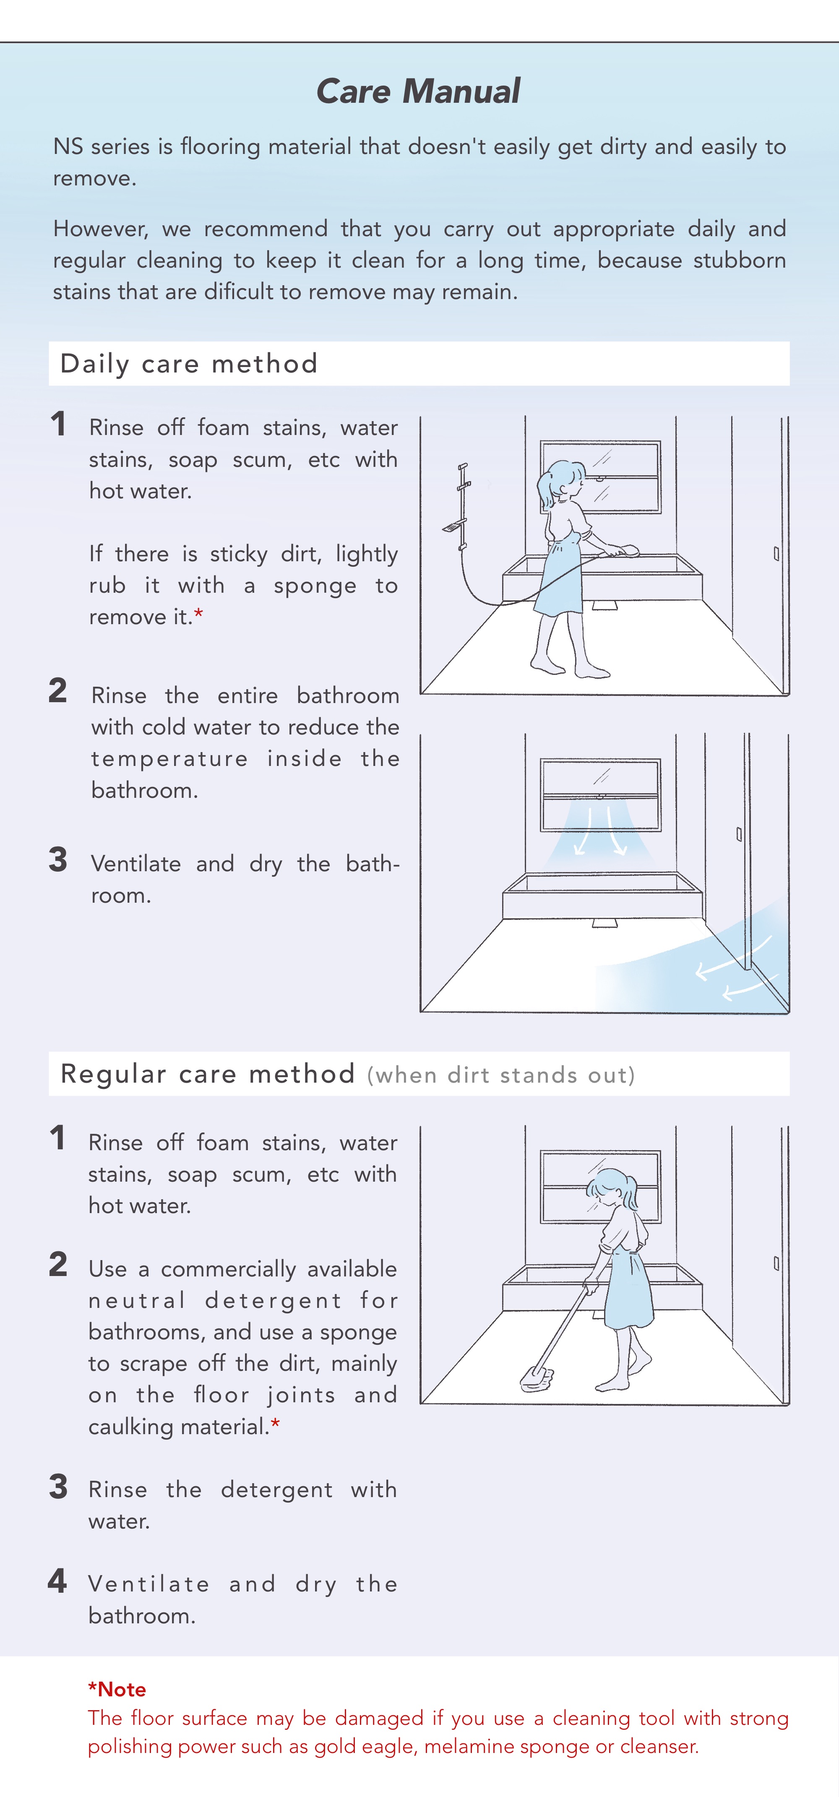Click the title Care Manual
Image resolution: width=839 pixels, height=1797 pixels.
(419, 91)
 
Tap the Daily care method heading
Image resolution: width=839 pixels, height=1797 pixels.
(189, 363)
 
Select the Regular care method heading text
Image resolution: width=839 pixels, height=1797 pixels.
(208, 1073)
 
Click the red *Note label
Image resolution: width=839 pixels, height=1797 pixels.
(117, 1690)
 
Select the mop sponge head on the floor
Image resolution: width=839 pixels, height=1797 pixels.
(536, 1378)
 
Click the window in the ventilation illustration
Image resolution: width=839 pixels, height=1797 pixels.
(600, 794)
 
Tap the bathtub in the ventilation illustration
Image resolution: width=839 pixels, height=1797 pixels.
(602, 895)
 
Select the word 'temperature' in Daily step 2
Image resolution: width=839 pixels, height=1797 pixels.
(169, 759)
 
